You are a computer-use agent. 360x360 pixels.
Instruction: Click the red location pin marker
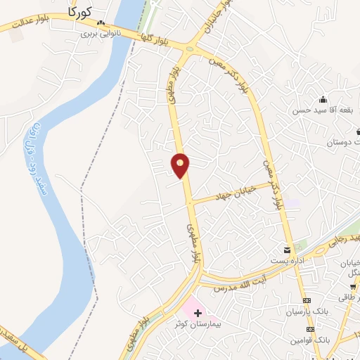pos(181,165)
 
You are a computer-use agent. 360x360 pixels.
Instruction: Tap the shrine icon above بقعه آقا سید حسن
pos(323,99)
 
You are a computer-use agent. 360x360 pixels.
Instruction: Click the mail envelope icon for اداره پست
pos(287,250)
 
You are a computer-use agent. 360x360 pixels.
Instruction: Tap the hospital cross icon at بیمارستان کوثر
pos(197,313)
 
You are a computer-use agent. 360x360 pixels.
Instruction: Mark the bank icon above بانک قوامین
pos(310,330)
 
